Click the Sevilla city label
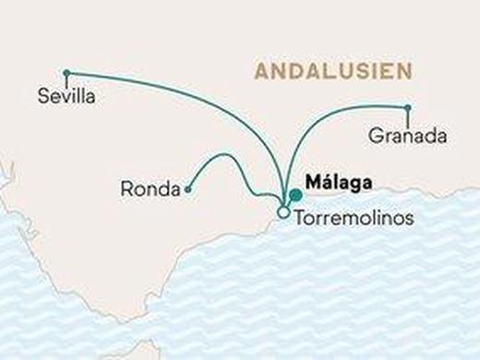(x=67, y=94)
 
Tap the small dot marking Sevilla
(x=66, y=72)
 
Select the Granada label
(x=407, y=136)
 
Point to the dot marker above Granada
(x=407, y=108)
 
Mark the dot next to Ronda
(x=187, y=189)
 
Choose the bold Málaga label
(x=338, y=183)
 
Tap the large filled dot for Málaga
(x=294, y=195)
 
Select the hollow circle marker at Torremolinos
(x=282, y=213)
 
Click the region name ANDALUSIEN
(x=334, y=71)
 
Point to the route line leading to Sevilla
(x=185, y=89)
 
